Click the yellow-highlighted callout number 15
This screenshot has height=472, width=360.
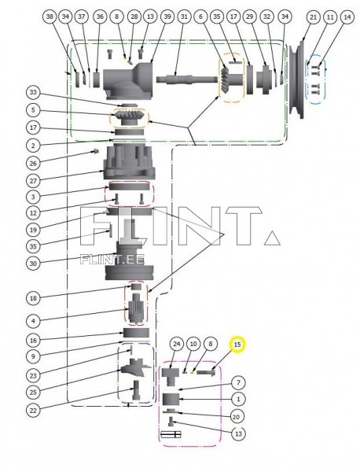(237, 344)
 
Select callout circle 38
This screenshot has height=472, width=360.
(50, 17)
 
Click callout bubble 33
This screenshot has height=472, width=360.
(33, 92)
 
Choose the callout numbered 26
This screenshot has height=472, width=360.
(33, 164)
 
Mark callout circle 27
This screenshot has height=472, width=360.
(33, 179)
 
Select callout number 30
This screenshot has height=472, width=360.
(33, 263)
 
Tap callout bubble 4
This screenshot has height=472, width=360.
(33, 320)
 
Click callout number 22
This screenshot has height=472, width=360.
(33, 408)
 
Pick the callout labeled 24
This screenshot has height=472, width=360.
(177, 344)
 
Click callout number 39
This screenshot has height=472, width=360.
(167, 17)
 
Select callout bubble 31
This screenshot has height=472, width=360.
(184, 17)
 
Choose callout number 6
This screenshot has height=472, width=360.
(201, 17)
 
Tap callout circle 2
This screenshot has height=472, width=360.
(33, 146)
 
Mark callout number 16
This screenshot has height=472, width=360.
(33, 340)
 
